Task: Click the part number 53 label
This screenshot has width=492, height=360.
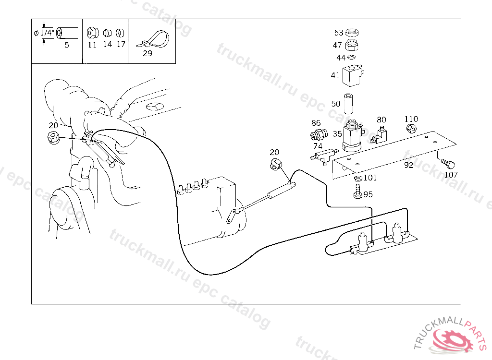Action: tap(339, 33)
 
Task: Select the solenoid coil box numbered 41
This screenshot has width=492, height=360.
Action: tap(353, 75)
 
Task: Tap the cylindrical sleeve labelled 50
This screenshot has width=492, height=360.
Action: tap(348, 104)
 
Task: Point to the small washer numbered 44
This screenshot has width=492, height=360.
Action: tap(352, 57)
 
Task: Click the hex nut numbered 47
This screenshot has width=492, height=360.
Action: tap(351, 45)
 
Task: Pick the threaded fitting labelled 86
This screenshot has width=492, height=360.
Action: tap(319, 135)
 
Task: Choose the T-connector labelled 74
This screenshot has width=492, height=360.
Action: tap(324, 155)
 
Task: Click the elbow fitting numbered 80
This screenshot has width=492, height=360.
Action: tap(379, 136)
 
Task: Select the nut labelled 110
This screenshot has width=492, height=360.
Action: tap(411, 128)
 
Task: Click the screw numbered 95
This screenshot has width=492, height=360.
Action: tap(357, 192)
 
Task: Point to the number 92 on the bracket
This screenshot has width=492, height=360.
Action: tap(408, 165)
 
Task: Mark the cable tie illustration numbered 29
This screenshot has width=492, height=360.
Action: tap(153, 40)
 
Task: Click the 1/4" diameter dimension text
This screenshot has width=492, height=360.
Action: tap(47, 33)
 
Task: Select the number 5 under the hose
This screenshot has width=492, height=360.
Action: tap(66, 45)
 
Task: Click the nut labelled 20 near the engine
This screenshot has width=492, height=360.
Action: tap(54, 138)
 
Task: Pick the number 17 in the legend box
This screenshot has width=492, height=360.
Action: tap(121, 44)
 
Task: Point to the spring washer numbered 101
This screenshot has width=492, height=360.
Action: tap(358, 179)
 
